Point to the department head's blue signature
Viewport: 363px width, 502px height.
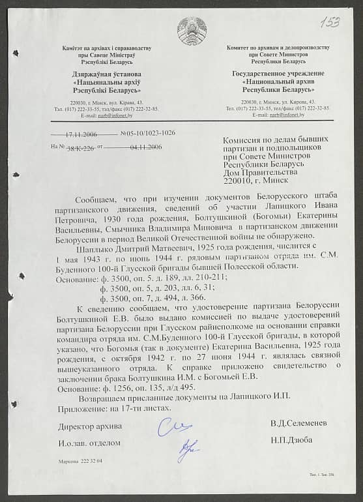coord(188,448)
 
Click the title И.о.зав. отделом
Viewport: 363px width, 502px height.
coord(89,443)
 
